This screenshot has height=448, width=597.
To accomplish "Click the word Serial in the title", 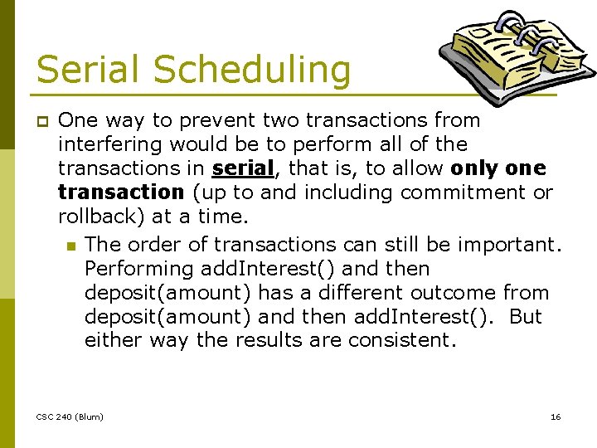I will (85, 69).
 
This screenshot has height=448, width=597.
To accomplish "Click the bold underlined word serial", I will (242, 168).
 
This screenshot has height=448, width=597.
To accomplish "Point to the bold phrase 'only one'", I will (498, 168).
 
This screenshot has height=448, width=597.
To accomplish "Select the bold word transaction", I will (121, 192).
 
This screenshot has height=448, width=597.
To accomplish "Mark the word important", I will (514, 245).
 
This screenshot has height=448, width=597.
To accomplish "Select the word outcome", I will (454, 293).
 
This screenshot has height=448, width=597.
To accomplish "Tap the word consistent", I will (401, 341).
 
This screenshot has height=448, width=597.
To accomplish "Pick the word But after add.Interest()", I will (525, 317).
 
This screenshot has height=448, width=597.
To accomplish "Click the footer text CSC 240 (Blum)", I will (70, 416).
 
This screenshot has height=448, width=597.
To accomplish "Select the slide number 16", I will (556, 416).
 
